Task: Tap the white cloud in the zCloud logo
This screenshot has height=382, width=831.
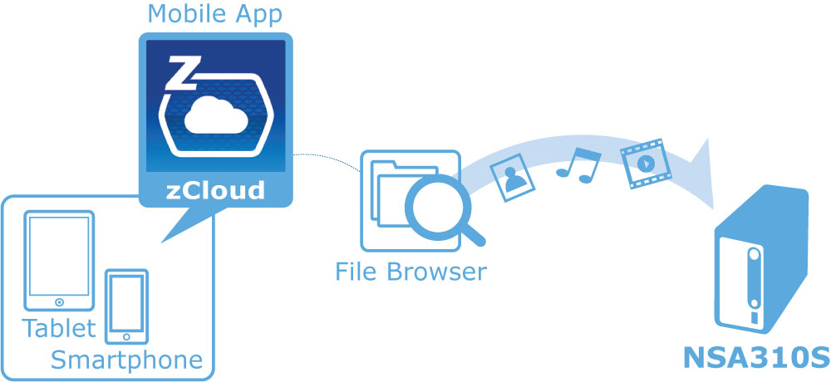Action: [x=216, y=116]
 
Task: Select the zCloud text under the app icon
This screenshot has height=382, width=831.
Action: [x=215, y=190]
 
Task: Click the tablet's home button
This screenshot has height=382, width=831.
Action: [x=59, y=302]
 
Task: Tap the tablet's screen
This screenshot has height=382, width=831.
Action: [x=59, y=257]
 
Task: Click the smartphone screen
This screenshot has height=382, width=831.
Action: [x=126, y=303]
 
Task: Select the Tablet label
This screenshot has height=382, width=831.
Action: [x=59, y=329]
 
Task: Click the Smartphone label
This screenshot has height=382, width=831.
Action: [x=126, y=360]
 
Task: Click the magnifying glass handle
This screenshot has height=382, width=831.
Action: [x=474, y=234]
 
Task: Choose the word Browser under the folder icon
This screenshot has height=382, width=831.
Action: [x=437, y=272]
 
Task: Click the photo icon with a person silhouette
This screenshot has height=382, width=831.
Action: [x=513, y=176]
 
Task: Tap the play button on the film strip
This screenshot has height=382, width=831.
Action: [x=645, y=164]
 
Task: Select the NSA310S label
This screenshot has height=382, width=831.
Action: [x=755, y=358]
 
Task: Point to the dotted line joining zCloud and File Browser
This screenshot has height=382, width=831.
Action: [x=327, y=157]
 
